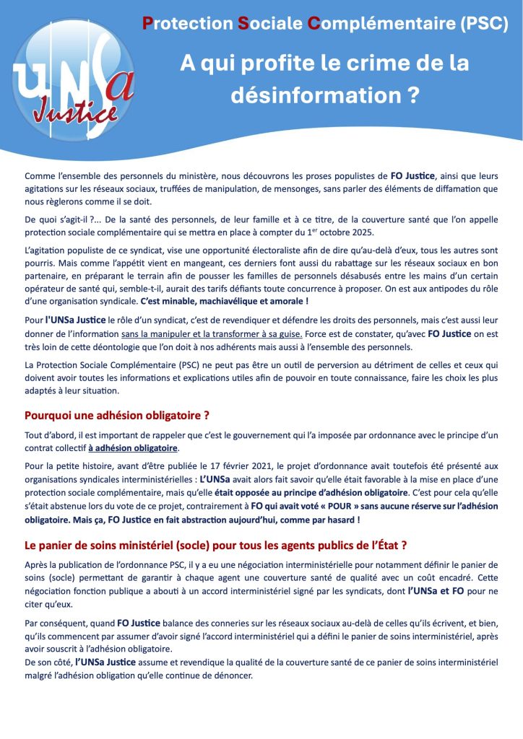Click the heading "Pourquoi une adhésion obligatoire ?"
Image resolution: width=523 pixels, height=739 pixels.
[x=117, y=416]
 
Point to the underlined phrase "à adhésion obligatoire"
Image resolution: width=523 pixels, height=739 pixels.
[x=133, y=448]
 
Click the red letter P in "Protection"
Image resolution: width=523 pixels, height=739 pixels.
[x=147, y=24]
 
